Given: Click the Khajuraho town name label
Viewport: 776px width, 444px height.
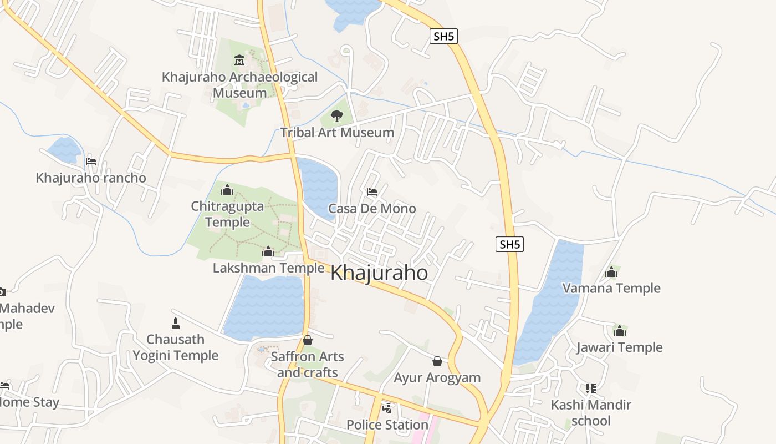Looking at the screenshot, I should click(379, 273).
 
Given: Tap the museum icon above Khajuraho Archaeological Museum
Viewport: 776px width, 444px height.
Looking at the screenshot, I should click(239, 60).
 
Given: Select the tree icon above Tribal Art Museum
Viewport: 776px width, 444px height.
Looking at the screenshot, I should click(336, 116).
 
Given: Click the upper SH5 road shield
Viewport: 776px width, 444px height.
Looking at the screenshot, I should click(444, 37).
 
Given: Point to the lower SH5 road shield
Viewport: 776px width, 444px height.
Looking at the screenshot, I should click(509, 244).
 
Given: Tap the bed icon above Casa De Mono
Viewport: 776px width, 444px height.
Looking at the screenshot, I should click(372, 192).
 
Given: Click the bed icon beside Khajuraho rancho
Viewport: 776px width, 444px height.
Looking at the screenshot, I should click(91, 162).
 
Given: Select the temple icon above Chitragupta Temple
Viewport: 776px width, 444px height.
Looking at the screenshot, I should click(227, 190).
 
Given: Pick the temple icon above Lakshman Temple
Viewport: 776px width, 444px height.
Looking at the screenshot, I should click(268, 252).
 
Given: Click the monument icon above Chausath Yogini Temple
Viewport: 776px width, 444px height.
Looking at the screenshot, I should click(176, 323).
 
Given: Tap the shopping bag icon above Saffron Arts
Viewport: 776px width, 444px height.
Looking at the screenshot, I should click(308, 340).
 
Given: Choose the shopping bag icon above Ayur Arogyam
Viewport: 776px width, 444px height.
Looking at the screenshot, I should click(437, 361).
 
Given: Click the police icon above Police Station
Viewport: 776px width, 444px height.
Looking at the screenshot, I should click(387, 408).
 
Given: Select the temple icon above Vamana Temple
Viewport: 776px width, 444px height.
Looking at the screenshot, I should click(611, 272).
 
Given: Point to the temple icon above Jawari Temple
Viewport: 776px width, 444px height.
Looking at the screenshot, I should click(619, 331).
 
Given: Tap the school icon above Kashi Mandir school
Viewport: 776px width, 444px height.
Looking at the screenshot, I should click(591, 389).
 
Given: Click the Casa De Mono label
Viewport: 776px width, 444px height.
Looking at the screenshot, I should click(372, 209).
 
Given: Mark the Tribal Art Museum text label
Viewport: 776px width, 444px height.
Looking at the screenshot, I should click(337, 133).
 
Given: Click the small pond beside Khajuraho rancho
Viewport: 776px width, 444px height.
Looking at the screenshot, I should click(64, 150).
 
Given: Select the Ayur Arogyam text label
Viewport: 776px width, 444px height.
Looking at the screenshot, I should click(437, 378).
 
